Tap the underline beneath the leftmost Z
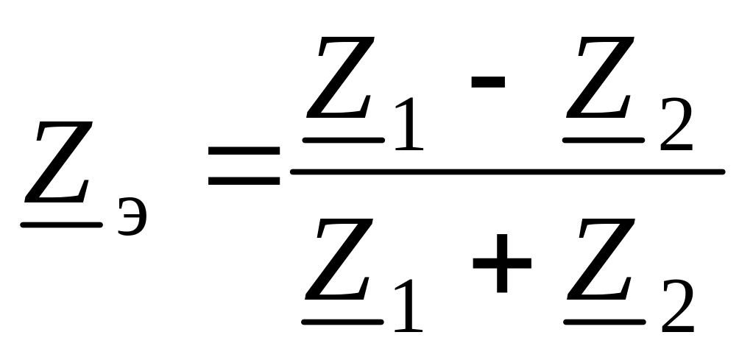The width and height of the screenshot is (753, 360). [x=60, y=224]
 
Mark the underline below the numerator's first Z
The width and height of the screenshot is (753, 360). [x=344, y=138]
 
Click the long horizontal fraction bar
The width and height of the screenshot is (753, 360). [x=508, y=172]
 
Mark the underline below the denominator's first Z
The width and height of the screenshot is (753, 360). [x=344, y=322]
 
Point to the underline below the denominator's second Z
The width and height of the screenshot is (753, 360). [x=605, y=322]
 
